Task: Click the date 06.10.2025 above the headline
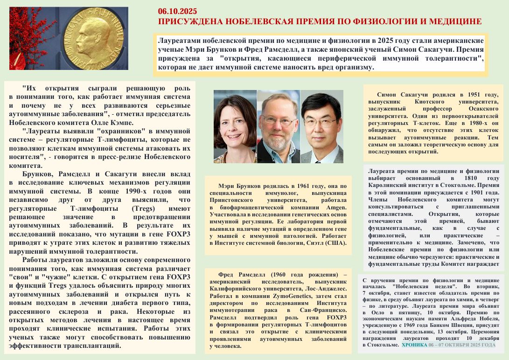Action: coord(177,11)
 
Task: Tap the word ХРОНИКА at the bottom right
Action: coord(414,345)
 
